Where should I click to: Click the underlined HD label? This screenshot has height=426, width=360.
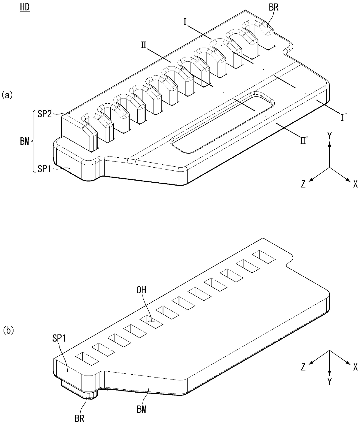point(25,8)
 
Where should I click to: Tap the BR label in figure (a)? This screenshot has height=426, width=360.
point(273,8)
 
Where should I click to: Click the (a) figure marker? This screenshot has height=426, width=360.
point(7,95)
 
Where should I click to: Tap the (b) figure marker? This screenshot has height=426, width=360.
point(8,330)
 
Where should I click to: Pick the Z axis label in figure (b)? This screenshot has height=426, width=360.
point(303,367)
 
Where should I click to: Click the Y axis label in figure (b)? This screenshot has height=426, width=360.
point(330,382)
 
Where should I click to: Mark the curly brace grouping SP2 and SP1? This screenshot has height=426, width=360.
point(32,142)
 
